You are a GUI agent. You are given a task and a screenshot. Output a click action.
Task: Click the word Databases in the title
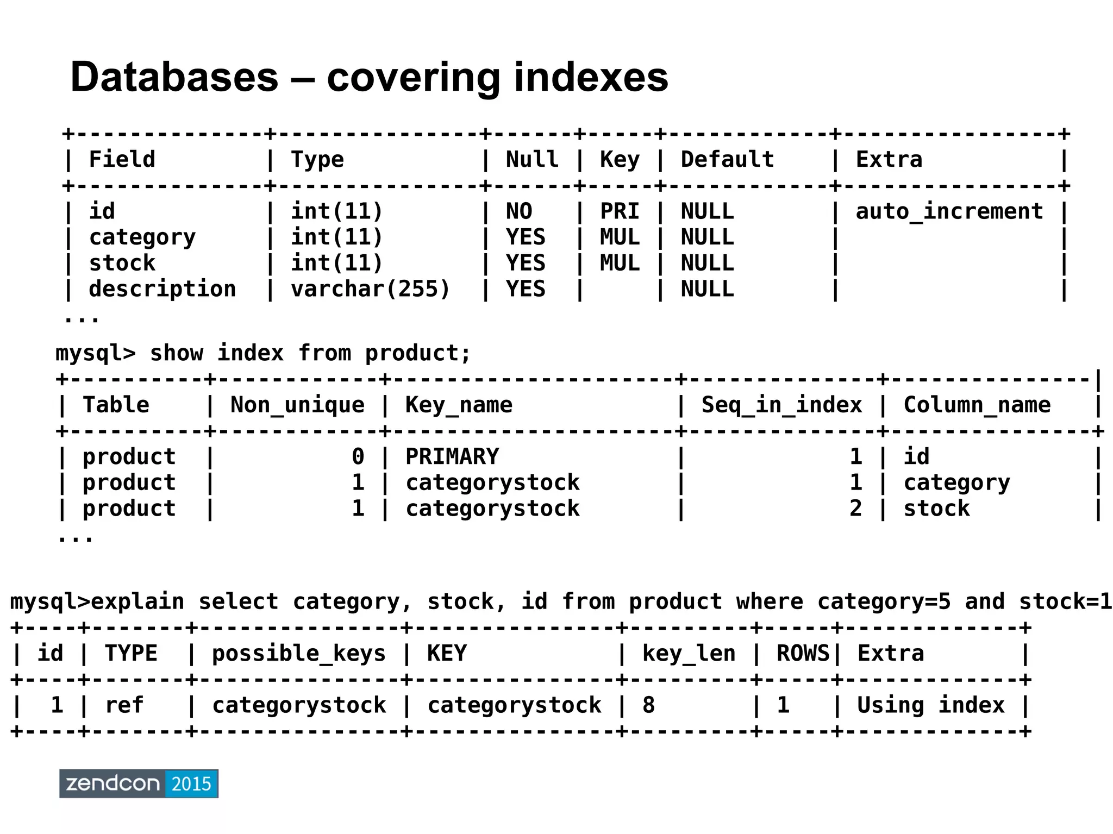(x=174, y=77)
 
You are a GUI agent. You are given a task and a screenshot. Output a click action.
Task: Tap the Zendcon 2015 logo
(x=139, y=783)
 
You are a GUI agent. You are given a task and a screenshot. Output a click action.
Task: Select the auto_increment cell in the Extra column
(x=949, y=211)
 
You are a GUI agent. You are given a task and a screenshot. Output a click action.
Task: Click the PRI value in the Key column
(x=620, y=211)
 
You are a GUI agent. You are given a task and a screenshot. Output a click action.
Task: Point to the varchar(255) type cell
(x=371, y=289)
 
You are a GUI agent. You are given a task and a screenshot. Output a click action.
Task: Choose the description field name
(x=162, y=289)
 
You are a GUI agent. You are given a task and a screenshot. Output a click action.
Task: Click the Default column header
(x=727, y=160)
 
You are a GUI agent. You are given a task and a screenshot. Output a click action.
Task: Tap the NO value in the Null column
(x=519, y=211)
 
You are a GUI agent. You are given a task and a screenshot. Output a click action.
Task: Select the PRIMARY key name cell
(x=452, y=456)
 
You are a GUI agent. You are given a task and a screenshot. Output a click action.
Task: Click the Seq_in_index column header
(x=781, y=405)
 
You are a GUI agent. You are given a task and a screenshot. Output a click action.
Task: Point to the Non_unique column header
(x=297, y=405)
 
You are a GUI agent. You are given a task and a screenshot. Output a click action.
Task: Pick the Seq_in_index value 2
(x=855, y=509)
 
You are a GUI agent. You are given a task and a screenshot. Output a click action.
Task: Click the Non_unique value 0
(x=358, y=456)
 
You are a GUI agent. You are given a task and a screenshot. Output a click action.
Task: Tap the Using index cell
(x=930, y=705)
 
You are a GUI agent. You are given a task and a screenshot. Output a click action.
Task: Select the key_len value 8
(x=648, y=705)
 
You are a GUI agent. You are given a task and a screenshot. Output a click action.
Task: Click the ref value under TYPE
(x=124, y=705)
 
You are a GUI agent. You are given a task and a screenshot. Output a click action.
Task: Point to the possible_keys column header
(x=298, y=654)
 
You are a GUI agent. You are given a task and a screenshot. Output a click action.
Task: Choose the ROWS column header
(x=803, y=654)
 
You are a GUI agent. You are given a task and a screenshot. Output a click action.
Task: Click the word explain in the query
(x=137, y=602)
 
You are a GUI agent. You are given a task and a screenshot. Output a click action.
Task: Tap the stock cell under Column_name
(x=936, y=509)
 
